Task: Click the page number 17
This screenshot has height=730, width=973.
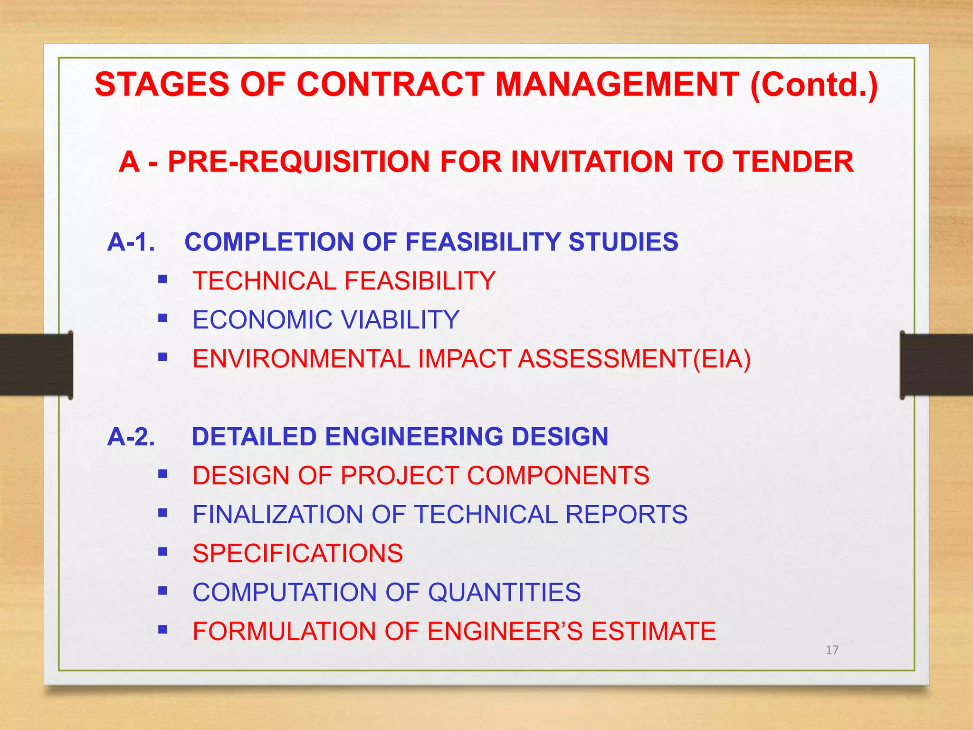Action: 832,650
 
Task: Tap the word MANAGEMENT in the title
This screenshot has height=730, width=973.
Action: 617,85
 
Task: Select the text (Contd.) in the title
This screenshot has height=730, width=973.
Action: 814,85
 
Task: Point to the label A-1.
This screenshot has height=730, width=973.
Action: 131,242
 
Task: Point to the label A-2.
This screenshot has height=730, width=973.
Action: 131,437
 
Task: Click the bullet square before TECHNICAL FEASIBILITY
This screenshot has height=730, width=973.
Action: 163,279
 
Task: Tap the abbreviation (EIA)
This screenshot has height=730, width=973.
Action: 722,359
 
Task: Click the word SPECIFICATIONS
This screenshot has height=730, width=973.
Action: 297,554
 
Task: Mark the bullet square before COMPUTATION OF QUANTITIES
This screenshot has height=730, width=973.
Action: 163,591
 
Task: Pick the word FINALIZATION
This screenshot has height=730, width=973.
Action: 278,515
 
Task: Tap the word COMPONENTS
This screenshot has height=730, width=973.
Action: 558,476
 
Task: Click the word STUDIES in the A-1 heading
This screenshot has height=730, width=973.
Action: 623,242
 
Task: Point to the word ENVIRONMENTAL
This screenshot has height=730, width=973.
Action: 301,359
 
